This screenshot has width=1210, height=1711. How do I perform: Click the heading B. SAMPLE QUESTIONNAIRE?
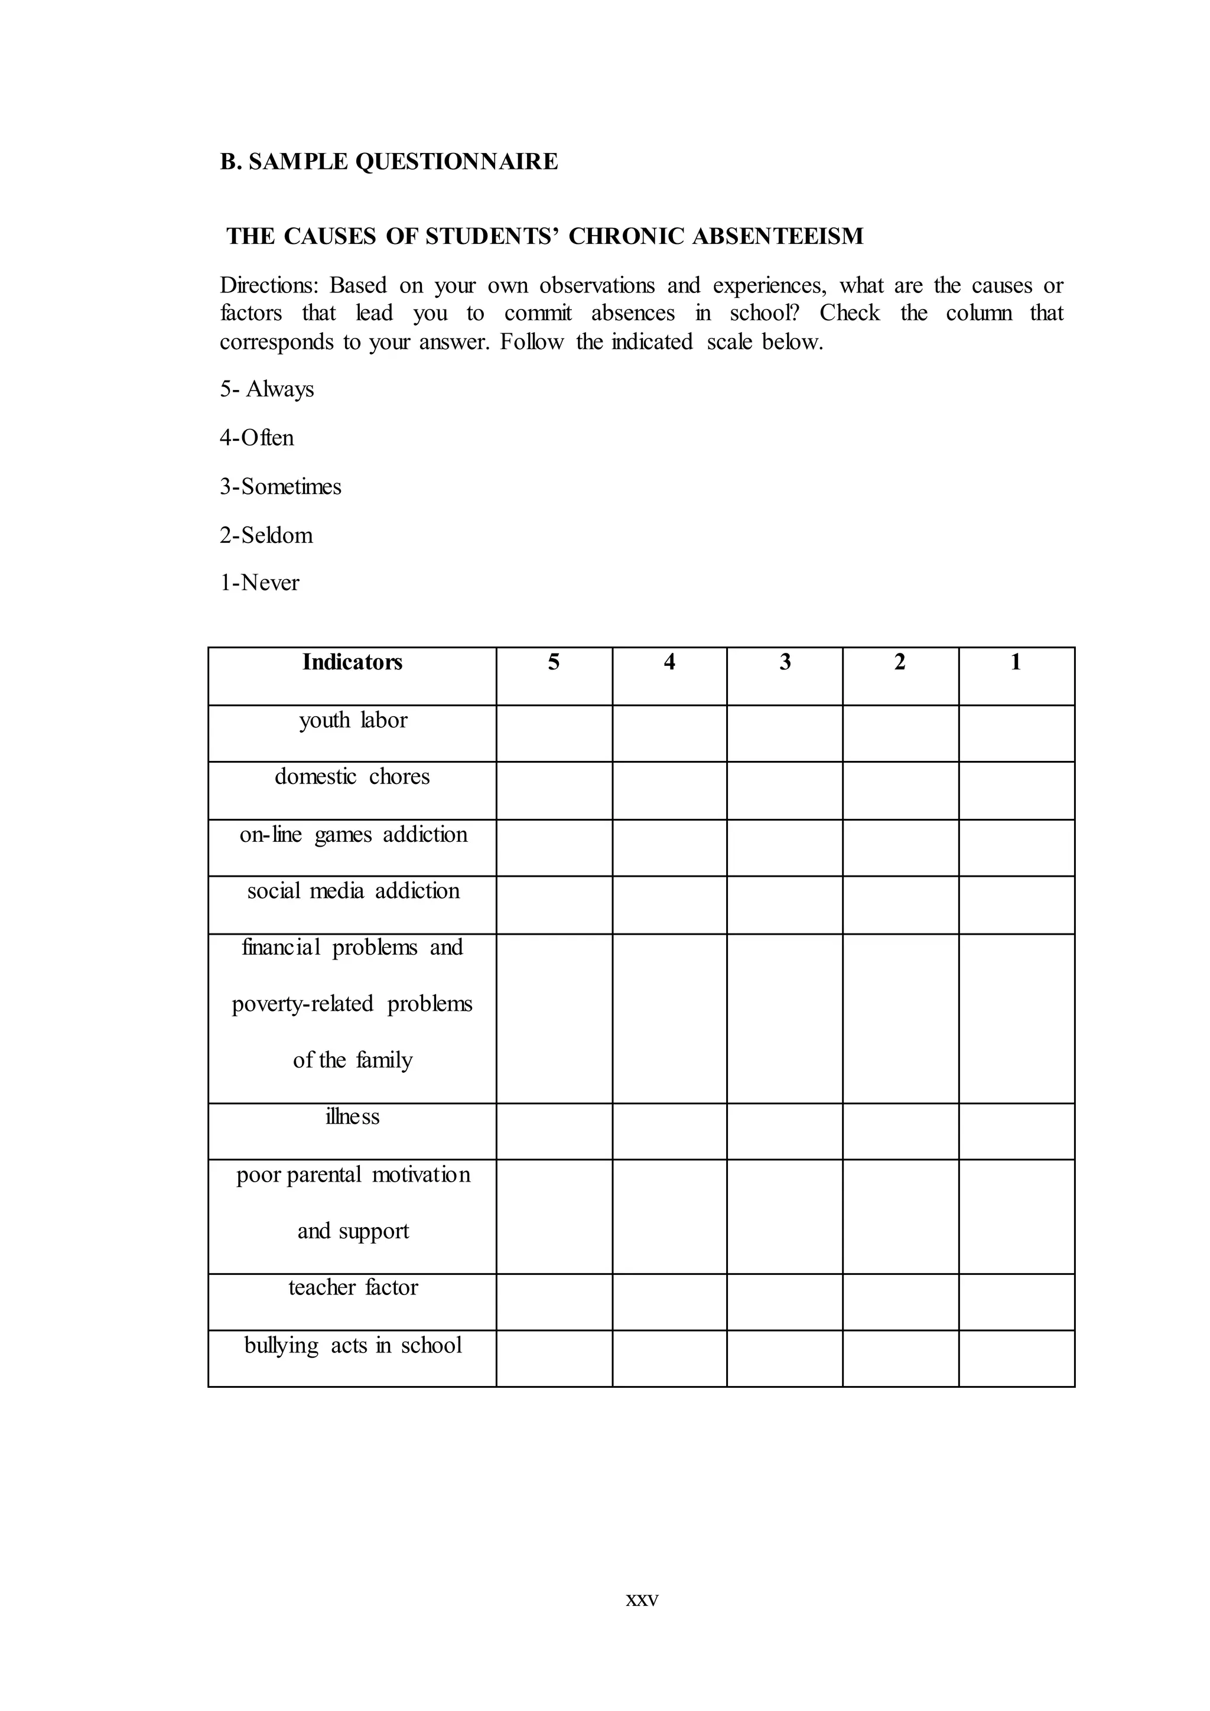[388, 162]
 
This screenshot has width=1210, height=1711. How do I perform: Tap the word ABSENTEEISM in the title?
[778, 236]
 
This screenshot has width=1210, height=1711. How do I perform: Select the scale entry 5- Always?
[266, 389]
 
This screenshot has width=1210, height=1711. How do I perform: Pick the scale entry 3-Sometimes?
[280, 487]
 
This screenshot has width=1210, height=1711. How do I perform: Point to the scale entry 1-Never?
[259, 583]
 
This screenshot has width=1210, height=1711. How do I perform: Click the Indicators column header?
[352, 662]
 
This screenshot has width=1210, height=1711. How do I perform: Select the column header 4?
[669, 662]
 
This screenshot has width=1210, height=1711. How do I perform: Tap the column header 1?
[1016, 662]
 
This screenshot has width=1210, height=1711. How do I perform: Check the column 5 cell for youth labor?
[554, 733]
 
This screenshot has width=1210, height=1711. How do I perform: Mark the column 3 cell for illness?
[785, 1131]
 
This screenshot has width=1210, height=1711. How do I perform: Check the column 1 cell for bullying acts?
[1016, 1358]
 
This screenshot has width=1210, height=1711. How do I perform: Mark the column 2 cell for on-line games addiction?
[900, 848]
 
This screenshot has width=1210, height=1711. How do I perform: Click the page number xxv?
[642, 1599]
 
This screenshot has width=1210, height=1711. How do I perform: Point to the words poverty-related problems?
[352, 1004]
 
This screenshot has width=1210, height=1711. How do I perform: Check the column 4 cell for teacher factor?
[669, 1302]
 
